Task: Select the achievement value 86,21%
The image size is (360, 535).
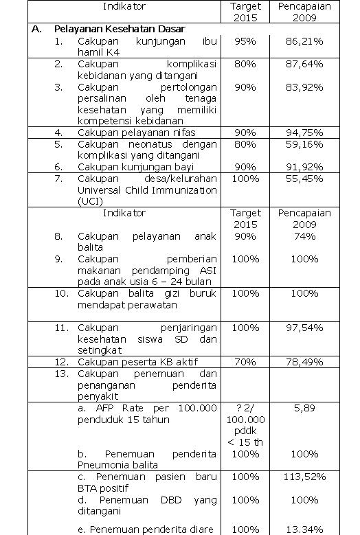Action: pos(304,42)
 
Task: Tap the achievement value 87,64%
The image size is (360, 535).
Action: pos(304,64)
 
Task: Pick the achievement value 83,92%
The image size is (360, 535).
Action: pos(304,87)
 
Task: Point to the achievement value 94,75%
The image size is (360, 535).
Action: pos(304,133)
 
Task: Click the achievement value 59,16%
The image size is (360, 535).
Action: pos(304,144)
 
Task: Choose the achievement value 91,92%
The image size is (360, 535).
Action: pos(304,167)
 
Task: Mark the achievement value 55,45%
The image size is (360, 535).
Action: pos(304,179)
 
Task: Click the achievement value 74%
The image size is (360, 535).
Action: pos(304,236)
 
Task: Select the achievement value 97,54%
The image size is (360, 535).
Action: pos(304,328)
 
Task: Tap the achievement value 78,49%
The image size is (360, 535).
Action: pos(304,362)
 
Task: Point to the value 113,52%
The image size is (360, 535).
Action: pos(304,477)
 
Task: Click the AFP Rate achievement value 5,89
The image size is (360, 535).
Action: pos(304,408)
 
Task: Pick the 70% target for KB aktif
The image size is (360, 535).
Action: pos(245,362)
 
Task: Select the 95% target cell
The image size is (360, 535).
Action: pos(245,42)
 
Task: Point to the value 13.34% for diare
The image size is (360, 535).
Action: pos(304,529)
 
